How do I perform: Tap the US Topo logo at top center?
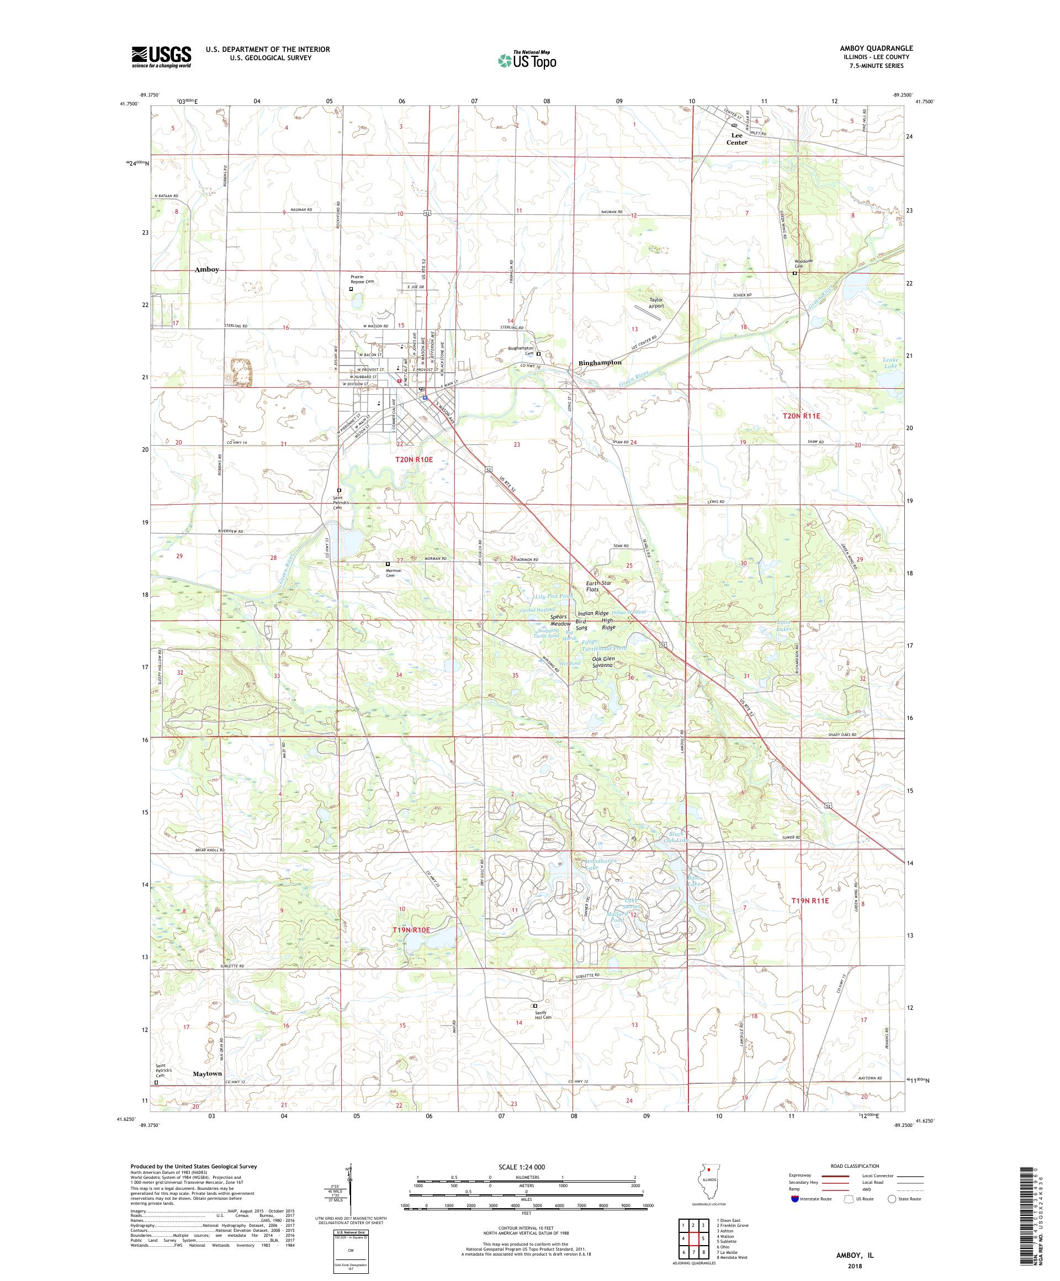pos(528,59)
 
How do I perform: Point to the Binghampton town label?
pos(600,362)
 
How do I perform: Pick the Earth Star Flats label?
pos(598,586)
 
